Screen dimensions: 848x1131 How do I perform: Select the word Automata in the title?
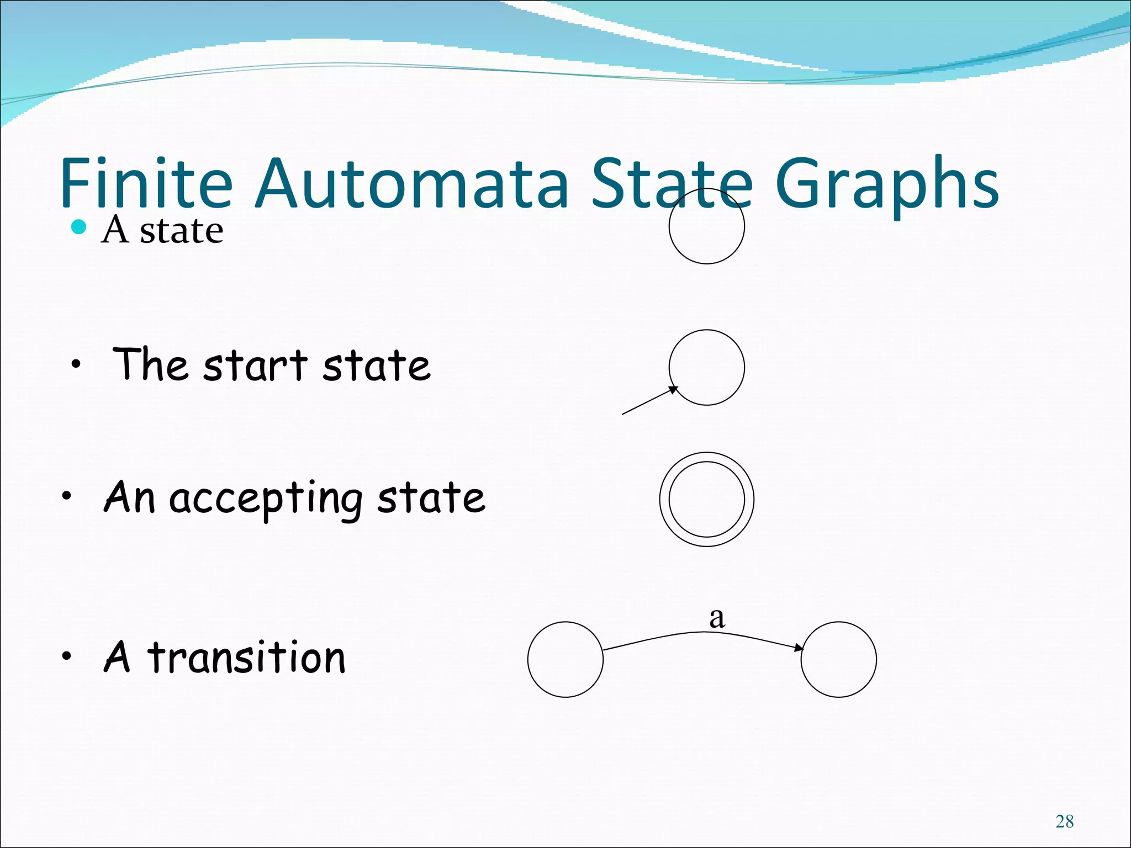click(411, 183)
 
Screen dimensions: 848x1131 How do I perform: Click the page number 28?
click(1064, 821)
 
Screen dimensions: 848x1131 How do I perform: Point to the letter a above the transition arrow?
click(717, 618)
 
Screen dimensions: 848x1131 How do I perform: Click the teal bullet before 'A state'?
click(80, 226)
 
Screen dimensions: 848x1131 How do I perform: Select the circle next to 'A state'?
click(706, 226)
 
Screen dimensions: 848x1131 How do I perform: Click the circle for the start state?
click(706, 368)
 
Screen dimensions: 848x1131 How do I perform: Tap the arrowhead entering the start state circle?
click(673, 390)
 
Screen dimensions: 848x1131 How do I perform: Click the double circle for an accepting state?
click(706, 500)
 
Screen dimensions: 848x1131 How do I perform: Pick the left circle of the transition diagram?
click(565, 659)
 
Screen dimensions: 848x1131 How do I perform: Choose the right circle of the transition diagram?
click(838, 659)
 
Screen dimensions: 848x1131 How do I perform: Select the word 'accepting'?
click(265, 499)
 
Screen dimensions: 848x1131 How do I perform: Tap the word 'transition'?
click(246, 658)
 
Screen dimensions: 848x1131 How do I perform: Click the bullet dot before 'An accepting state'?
click(67, 496)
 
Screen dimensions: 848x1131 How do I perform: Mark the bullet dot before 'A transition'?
click(67, 656)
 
